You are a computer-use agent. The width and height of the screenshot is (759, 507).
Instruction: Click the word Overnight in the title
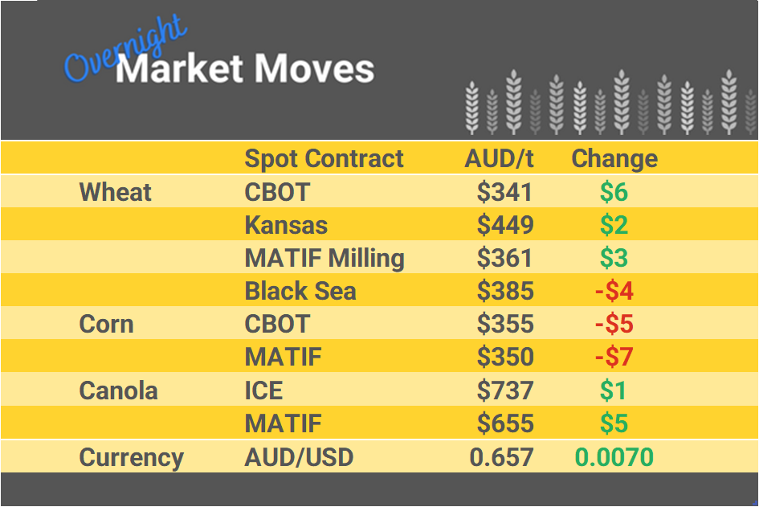point(124,50)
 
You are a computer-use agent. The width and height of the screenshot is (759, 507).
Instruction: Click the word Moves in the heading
point(315,69)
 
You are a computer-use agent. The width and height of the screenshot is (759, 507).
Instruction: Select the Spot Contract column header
point(324,158)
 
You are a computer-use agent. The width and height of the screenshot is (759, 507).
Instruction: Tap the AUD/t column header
point(499,158)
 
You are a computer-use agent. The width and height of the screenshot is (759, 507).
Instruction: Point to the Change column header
point(614,158)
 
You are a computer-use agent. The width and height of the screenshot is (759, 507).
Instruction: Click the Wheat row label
point(115,192)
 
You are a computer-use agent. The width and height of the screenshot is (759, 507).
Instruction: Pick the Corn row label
point(106,325)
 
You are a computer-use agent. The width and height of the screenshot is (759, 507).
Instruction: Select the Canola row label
point(118,391)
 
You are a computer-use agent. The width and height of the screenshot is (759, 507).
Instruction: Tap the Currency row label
point(131,457)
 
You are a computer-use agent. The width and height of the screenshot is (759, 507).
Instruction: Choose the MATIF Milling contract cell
point(324,258)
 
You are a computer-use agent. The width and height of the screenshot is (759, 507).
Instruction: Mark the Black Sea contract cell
point(300,291)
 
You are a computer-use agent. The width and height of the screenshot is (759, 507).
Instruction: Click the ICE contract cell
point(263,391)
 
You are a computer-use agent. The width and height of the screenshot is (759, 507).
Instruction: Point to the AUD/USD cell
point(299,457)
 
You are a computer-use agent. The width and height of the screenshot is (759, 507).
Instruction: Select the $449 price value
point(504,225)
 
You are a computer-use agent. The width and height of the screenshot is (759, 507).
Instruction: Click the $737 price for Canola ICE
point(504,391)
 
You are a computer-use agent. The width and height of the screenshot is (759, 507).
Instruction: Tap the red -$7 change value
point(614,358)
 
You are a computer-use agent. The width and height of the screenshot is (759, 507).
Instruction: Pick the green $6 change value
point(614,192)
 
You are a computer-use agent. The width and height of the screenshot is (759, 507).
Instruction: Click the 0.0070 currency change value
point(614,457)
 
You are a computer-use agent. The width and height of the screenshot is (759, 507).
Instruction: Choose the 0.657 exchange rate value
point(501,457)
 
